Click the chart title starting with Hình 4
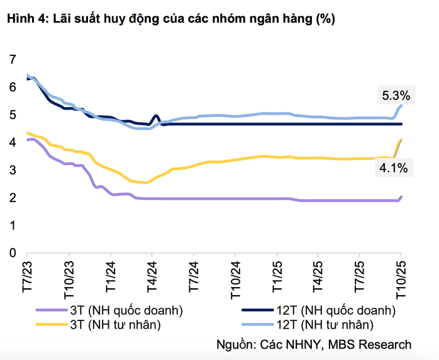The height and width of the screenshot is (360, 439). pos(170,20)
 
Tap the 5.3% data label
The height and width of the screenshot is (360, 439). pos(396,96)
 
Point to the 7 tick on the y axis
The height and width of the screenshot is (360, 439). pos(12,60)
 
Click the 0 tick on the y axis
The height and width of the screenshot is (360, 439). pos(12,253)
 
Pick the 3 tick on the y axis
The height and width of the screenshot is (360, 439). pos(12,171)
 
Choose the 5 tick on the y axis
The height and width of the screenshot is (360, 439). pos(12,115)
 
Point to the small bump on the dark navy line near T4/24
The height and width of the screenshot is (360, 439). pos(156,116)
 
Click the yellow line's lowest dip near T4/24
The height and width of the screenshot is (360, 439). pos(146,183)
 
